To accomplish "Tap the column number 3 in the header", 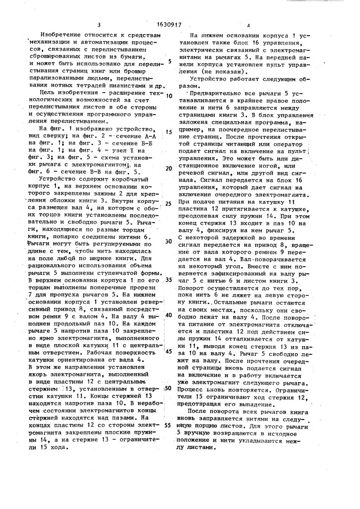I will [99, 24].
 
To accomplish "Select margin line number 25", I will [168, 203].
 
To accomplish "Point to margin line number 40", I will [169, 315].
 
